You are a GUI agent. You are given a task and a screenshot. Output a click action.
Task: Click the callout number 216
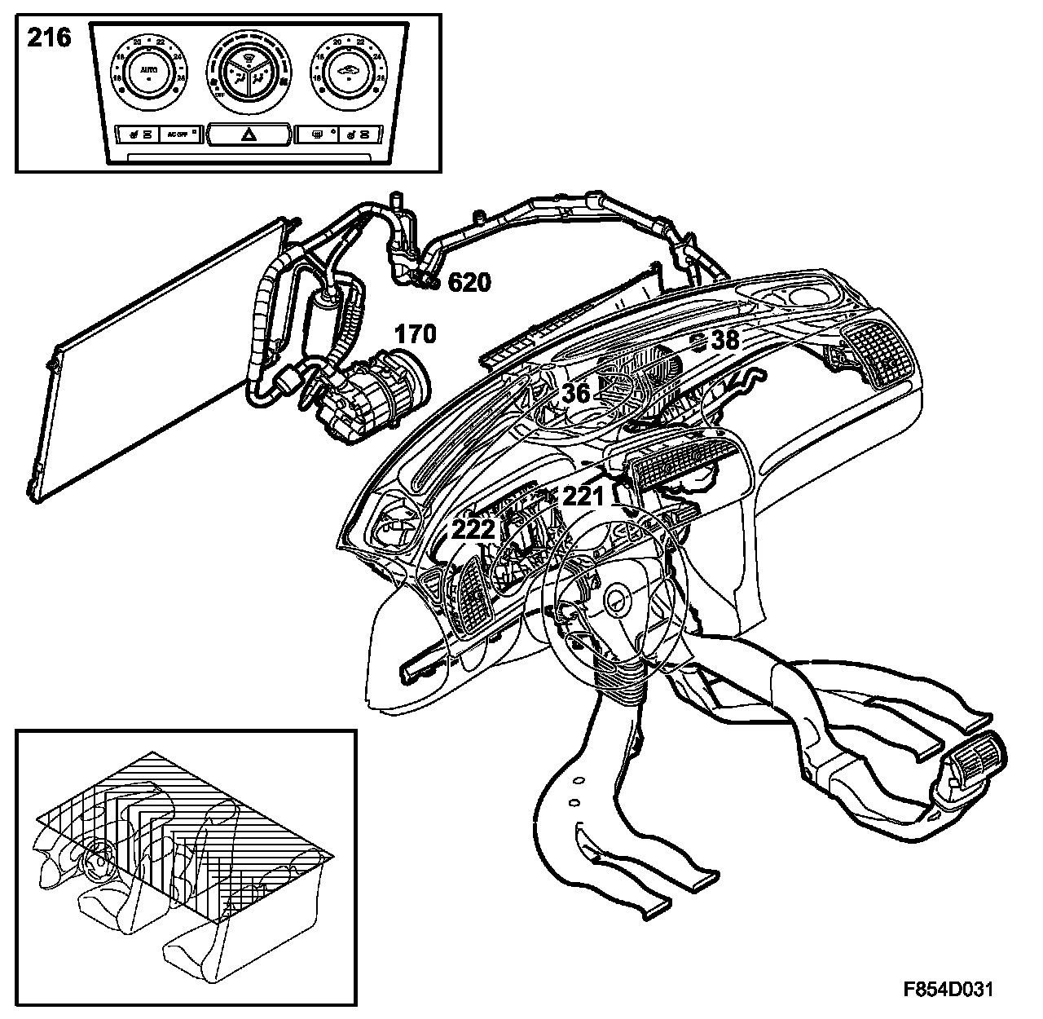[x=50, y=38]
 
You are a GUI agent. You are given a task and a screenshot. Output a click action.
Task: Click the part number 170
[x=416, y=334]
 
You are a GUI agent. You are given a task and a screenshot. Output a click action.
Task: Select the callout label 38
[x=725, y=340]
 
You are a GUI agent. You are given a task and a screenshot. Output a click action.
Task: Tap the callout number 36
[x=576, y=393]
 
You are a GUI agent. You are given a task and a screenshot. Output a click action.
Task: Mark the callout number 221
[x=583, y=496]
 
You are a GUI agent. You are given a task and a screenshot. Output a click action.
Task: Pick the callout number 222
[x=474, y=529]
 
